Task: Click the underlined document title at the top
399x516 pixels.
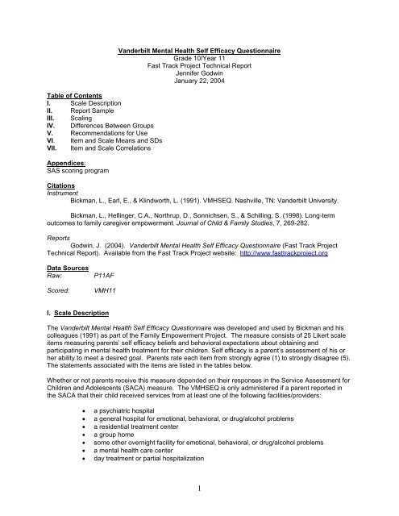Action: (x=200, y=50)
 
